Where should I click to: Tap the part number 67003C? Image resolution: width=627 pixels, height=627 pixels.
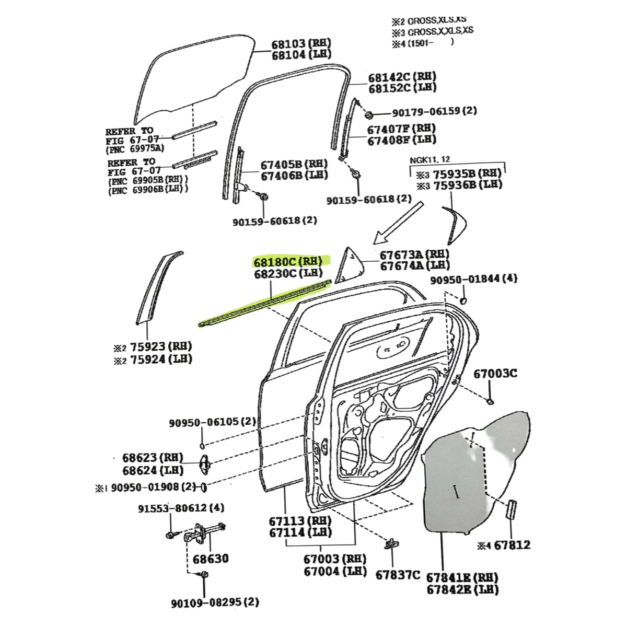(495, 374)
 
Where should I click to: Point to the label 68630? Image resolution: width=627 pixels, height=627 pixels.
(211, 559)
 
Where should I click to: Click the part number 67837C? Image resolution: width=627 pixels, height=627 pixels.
(398, 574)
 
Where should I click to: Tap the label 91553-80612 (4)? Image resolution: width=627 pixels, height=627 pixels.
(181, 508)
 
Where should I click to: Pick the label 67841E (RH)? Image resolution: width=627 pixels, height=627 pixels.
(462, 578)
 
